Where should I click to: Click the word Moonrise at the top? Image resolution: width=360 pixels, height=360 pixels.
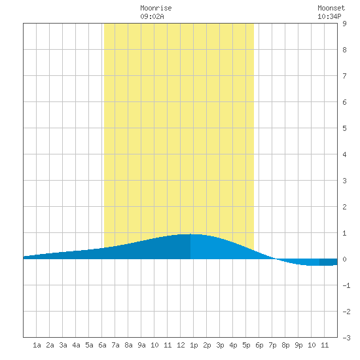point(156,9)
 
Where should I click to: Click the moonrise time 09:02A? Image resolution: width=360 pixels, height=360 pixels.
point(152,16)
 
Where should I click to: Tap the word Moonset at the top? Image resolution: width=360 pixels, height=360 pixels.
point(331,9)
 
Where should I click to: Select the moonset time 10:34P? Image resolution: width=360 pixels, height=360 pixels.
point(329,16)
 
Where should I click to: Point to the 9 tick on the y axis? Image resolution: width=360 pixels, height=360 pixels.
point(344,24)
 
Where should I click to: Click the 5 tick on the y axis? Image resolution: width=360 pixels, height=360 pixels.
point(344,128)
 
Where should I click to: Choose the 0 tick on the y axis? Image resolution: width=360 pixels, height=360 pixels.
point(344,259)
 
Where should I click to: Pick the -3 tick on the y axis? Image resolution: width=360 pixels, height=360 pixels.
point(346,338)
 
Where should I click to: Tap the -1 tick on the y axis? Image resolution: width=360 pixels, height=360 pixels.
point(346,285)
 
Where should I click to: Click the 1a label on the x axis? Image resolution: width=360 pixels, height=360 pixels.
point(37,345)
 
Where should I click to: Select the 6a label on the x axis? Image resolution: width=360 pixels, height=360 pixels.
point(102,345)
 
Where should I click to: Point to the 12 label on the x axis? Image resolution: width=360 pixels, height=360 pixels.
point(181,345)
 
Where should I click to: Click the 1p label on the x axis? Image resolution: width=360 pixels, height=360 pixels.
point(194,346)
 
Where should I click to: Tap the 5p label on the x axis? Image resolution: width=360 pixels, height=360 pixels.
point(246,346)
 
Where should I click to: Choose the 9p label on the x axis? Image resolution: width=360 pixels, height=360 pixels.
point(298,346)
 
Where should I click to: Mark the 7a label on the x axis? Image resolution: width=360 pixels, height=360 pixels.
point(115,345)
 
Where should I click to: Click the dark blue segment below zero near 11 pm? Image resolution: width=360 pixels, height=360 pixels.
point(329,262)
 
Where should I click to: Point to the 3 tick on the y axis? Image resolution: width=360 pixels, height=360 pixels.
point(344,181)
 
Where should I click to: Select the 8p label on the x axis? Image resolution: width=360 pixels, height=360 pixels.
point(285,346)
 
